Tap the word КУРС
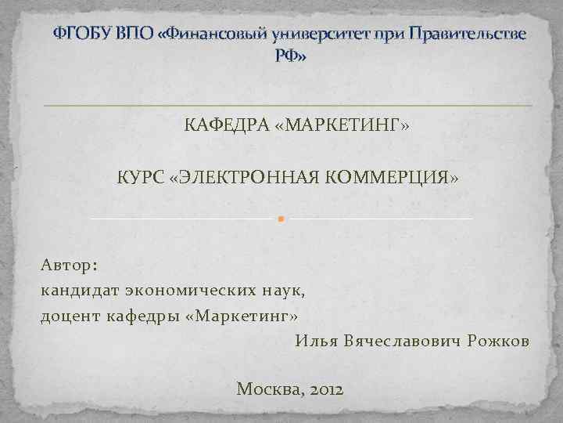pyautogui.click(x=141, y=179)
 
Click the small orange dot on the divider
pyautogui.click(x=279, y=218)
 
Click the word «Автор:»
pyautogui.click(x=69, y=266)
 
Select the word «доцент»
pyautogui.click(x=64, y=316)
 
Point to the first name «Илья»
pyautogui.click(x=316, y=341)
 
